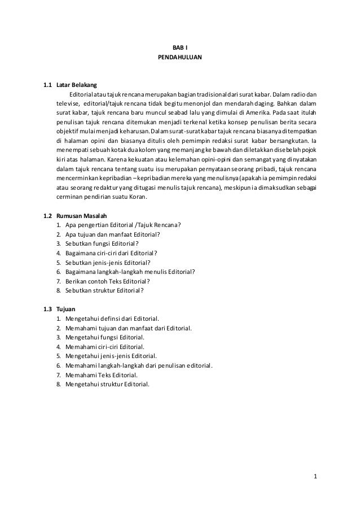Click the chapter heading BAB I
181,48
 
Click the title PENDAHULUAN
181,58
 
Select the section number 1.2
49,216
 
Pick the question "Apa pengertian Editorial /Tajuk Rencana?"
123,225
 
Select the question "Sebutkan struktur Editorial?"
104,290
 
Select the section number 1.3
49,310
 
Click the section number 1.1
49,85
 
